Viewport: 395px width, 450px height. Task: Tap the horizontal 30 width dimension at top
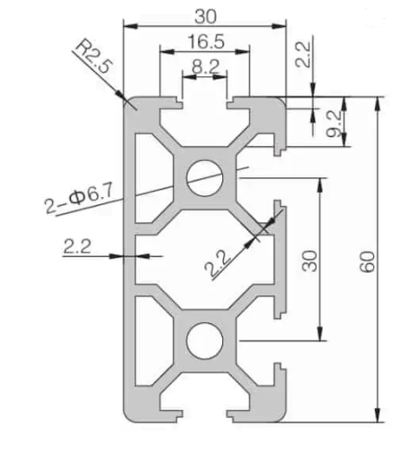[x=205, y=15]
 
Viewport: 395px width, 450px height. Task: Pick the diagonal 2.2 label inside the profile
[x=224, y=260]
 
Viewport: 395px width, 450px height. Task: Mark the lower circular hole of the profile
[x=205, y=337]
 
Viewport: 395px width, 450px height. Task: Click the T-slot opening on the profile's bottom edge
[x=205, y=414]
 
